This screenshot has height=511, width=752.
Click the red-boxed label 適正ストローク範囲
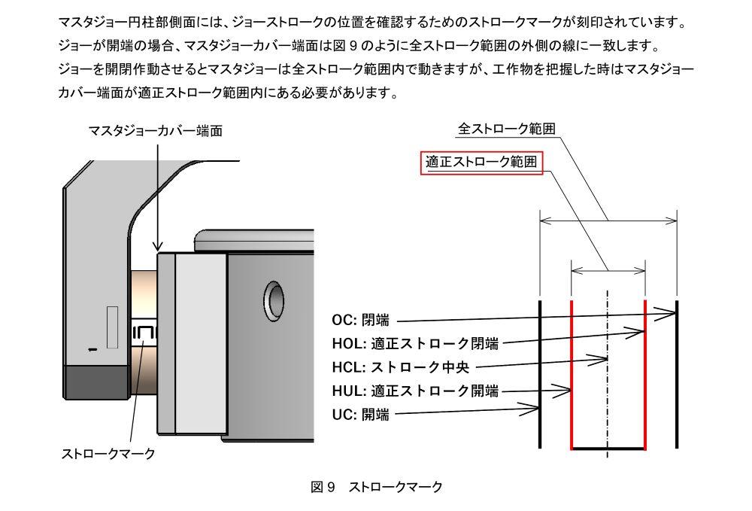[x=481, y=163]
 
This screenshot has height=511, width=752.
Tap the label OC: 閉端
[x=361, y=321]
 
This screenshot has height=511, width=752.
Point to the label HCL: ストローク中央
[x=402, y=368]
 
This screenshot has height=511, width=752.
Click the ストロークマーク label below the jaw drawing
[x=108, y=454]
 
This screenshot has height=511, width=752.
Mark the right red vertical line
[x=645, y=376]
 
